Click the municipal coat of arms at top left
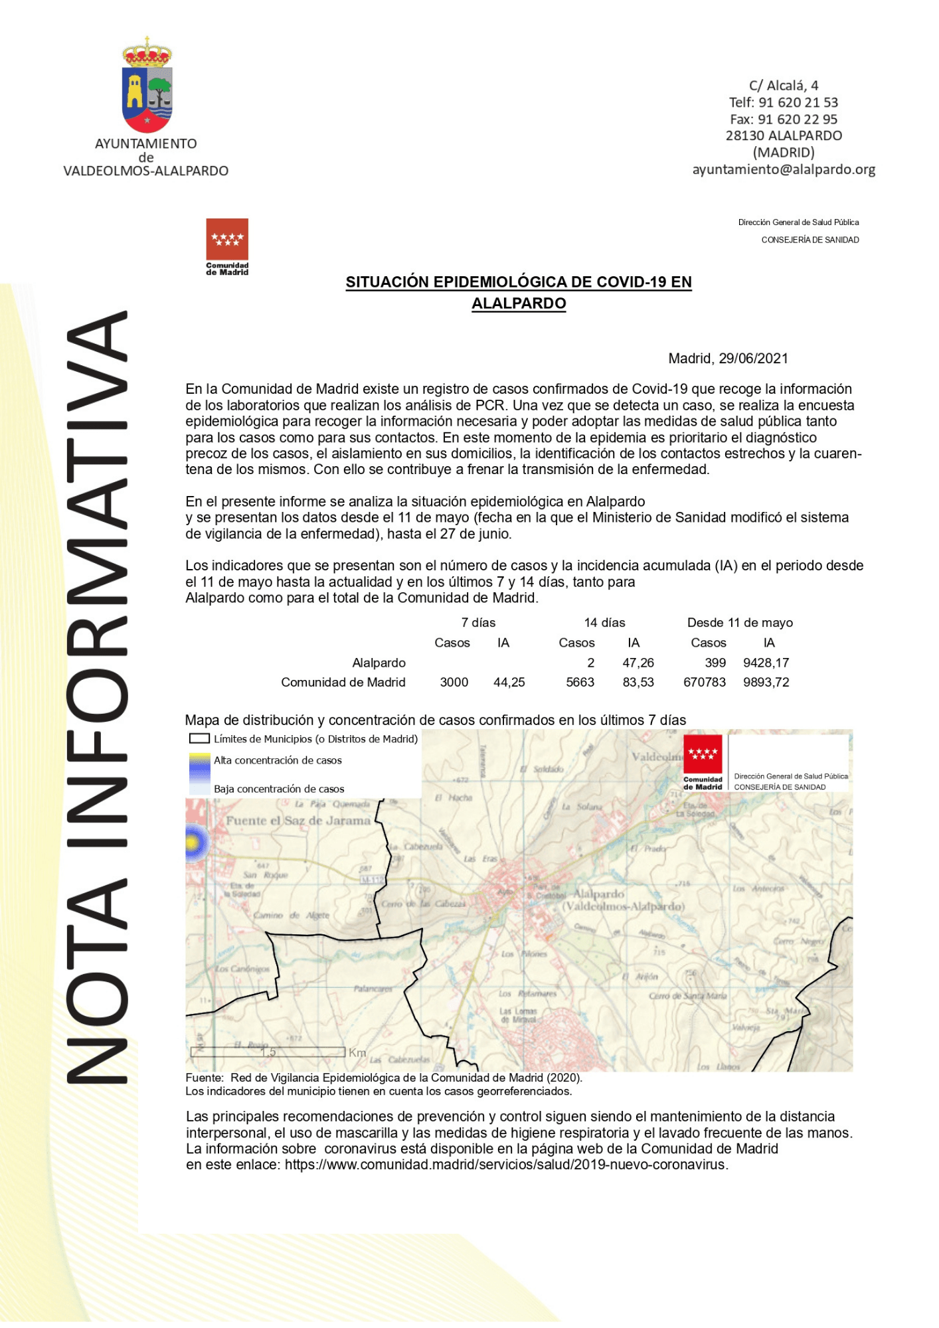pyautogui.click(x=147, y=86)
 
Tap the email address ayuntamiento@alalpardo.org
pyautogui.click(x=784, y=169)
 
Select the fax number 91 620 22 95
pyautogui.click(x=784, y=120)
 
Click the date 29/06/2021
pyautogui.click(x=753, y=359)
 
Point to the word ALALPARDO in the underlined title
pyautogui.click(x=519, y=303)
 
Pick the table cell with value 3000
pyautogui.click(x=454, y=682)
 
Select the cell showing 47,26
pyautogui.click(x=638, y=663)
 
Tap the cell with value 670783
pyautogui.click(x=705, y=682)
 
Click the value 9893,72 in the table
pyautogui.click(x=766, y=682)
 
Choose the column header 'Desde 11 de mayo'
pyautogui.click(x=740, y=623)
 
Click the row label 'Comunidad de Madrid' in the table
pyautogui.click(x=343, y=682)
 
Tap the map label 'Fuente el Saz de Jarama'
pyautogui.click(x=298, y=821)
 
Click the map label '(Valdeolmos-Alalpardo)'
pyautogui.click(x=623, y=906)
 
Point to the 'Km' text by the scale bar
pyautogui.click(x=357, y=1052)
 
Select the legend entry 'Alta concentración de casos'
pyautogui.click(x=278, y=760)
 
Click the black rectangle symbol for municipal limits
pyautogui.click(x=199, y=738)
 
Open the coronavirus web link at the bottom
pyautogui.click(x=506, y=1165)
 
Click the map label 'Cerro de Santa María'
pyautogui.click(x=687, y=996)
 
